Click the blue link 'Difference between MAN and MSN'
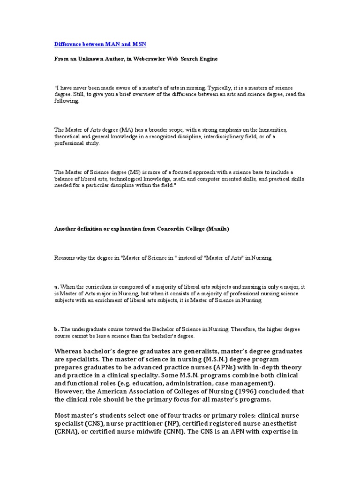(100, 44)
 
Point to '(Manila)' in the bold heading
(217, 229)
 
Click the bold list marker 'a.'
(57, 286)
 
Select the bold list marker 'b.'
(57, 329)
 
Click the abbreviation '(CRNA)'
(67, 431)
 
